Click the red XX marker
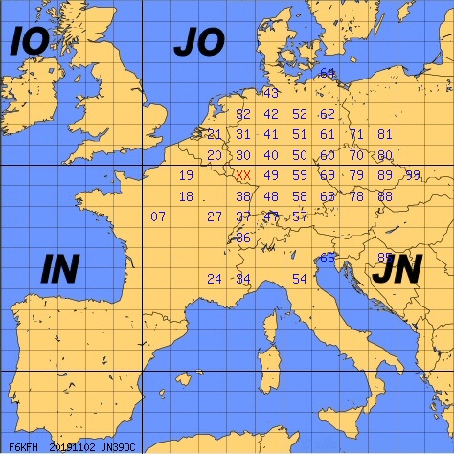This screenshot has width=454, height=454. click(x=243, y=176)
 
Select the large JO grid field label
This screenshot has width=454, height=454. click(x=198, y=42)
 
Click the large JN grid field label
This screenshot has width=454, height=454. click(x=397, y=272)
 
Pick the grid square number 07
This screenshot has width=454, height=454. click(x=159, y=216)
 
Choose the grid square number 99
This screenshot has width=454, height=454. click(x=413, y=175)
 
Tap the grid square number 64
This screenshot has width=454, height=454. click(x=328, y=73)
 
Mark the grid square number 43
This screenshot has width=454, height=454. click(x=271, y=93)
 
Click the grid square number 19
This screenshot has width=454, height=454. click(x=186, y=175)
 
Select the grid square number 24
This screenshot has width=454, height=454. click(x=215, y=279)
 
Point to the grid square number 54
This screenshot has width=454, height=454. click(x=300, y=279)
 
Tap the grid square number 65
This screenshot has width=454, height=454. click(x=328, y=258)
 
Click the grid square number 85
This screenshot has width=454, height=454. click(x=384, y=258)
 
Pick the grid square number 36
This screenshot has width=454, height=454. click(x=243, y=238)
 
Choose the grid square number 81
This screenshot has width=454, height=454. click(x=385, y=134)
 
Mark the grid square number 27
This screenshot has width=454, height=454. click(x=215, y=216)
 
